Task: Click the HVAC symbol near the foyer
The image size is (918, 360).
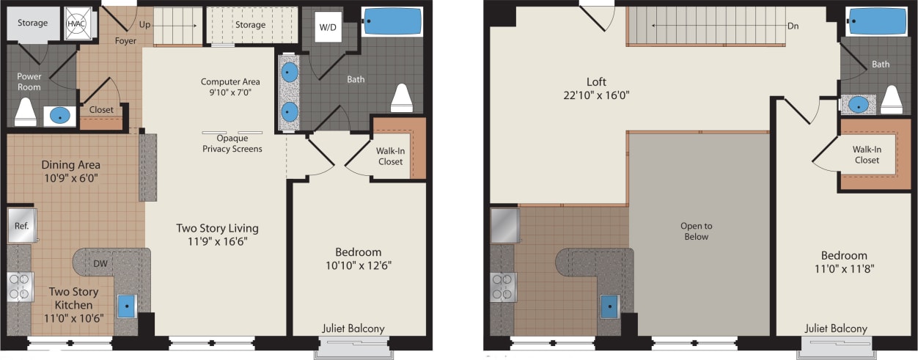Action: [76, 23]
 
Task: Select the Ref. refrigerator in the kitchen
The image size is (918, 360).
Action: [21, 225]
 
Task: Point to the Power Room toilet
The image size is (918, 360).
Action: [26, 110]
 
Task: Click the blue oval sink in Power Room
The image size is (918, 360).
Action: [60, 115]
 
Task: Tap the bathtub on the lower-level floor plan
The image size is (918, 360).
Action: [393, 21]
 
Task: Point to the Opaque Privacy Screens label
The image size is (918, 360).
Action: [232, 144]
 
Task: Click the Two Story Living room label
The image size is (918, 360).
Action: [217, 228]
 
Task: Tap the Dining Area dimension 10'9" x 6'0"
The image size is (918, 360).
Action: [70, 177]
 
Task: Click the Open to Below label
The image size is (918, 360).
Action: [696, 231]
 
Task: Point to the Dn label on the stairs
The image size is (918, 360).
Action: [793, 26]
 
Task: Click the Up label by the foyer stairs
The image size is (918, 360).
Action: [145, 25]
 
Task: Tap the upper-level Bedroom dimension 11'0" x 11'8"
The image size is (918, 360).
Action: [844, 268]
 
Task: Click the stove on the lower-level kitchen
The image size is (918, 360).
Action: [20, 287]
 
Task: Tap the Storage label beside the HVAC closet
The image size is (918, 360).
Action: [33, 23]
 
